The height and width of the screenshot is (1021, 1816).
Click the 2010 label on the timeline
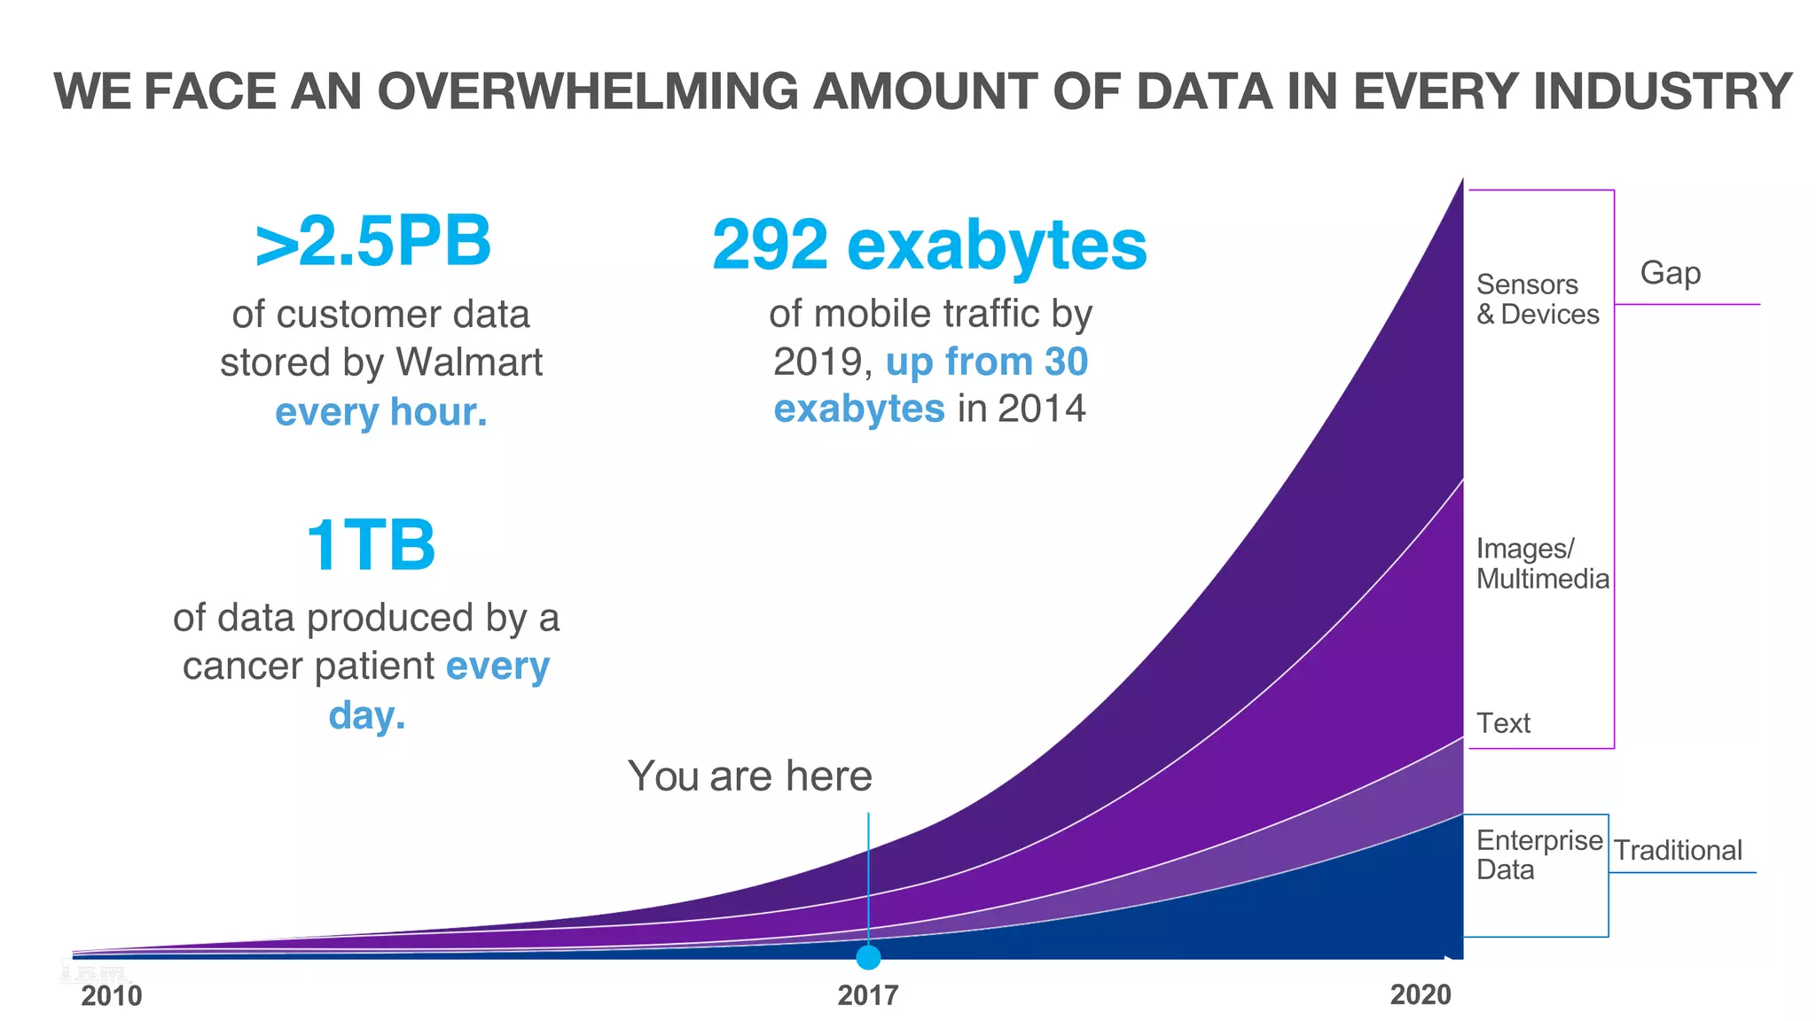pyautogui.click(x=111, y=996)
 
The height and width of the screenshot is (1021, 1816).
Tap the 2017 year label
pyautogui.click(x=867, y=995)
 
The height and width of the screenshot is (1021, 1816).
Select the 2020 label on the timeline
pyautogui.click(x=1420, y=994)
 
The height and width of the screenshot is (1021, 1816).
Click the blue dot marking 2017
pyautogui.click(x=868, y=957)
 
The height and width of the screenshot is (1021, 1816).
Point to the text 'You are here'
pyautogui.click(x=749, y=776)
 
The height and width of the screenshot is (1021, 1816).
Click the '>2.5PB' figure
pyautogui.click(x=372, y=241)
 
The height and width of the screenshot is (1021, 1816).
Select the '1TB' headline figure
pyautogui.click(x=370, y=545)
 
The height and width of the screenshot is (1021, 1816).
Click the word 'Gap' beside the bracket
pyautogui.click(x=1670, y=273)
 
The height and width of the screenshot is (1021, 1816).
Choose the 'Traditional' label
pyautogui.click(x=1677, y=851)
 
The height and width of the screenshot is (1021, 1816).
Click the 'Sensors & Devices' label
pyautogui.click(x=1537, y=300)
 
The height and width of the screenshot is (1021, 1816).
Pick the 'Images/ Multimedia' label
pyautogui.click(x=1541, y=564)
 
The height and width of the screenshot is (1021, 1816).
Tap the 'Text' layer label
pyautogui.click(x=1503, y=723)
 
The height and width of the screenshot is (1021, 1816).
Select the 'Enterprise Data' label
pyautogui.click(x=1538, y=854)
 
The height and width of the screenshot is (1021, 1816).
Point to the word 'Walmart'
pyautogui.click(x=469, y=362)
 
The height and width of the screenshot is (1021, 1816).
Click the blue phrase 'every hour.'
pyautogui.click(x=381, y=412)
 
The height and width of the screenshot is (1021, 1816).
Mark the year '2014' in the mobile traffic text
pyautogui.click(x=1041, y=409)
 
